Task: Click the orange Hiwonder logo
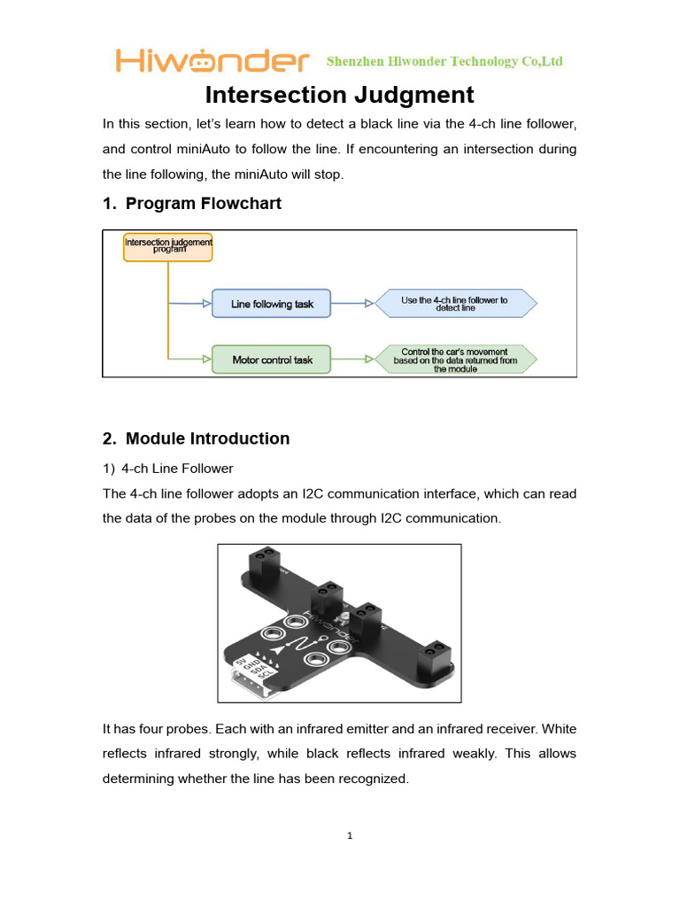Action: tap(212, 61)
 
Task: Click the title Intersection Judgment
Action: tap(340, 95)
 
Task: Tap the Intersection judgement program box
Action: tap(168, 245)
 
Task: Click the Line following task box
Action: tap(272, 304)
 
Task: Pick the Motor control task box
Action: tap(272, 360)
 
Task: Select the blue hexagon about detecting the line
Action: tap(455, 304)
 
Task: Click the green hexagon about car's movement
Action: tap(455, 360)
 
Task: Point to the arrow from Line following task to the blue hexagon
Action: tap(353, 304)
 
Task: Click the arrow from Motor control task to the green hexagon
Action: tap(353, 360)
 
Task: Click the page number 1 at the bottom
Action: tap(351, 835)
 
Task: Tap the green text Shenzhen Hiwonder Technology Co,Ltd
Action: tap(444, 61)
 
